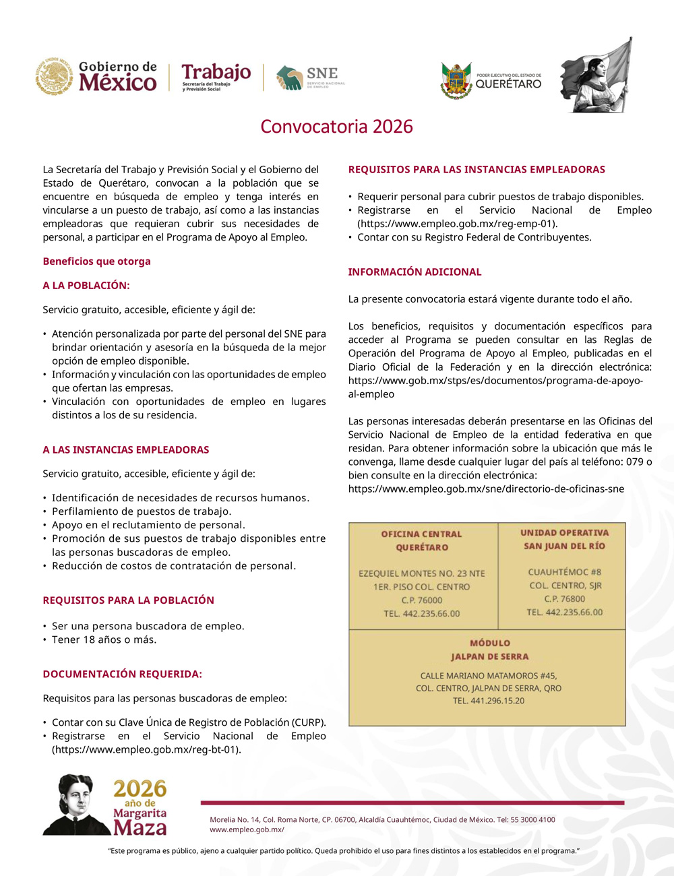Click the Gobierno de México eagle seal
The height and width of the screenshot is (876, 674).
point(55,76)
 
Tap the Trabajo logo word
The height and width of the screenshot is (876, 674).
point(216,72)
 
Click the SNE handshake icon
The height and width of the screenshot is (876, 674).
point(289,78)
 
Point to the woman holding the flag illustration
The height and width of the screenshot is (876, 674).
point(596,75)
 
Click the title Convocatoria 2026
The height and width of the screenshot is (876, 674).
point(336,127)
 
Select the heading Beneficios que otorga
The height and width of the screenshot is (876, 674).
point(96,261)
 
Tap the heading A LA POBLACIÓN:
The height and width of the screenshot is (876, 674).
point(86,286)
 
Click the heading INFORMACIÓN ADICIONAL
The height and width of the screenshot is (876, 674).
point(415,272)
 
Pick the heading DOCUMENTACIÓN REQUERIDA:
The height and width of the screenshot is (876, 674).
point(122,675)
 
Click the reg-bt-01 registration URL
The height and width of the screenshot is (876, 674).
point(146,749)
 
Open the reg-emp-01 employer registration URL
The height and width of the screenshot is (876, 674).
point(457,224)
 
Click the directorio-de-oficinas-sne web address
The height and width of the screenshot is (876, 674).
point(486,489)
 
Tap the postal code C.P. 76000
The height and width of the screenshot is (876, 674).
point(422,600)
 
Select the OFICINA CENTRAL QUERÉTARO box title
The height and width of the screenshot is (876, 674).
point(422,540)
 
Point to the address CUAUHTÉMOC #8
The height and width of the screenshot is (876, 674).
point(564,572)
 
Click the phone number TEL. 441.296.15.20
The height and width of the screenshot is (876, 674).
point(488,701)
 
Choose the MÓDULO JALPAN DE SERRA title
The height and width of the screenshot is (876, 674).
point(489,650)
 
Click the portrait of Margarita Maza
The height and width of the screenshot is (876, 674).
point(75,805)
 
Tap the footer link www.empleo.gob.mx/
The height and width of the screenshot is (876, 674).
point(247,830)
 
